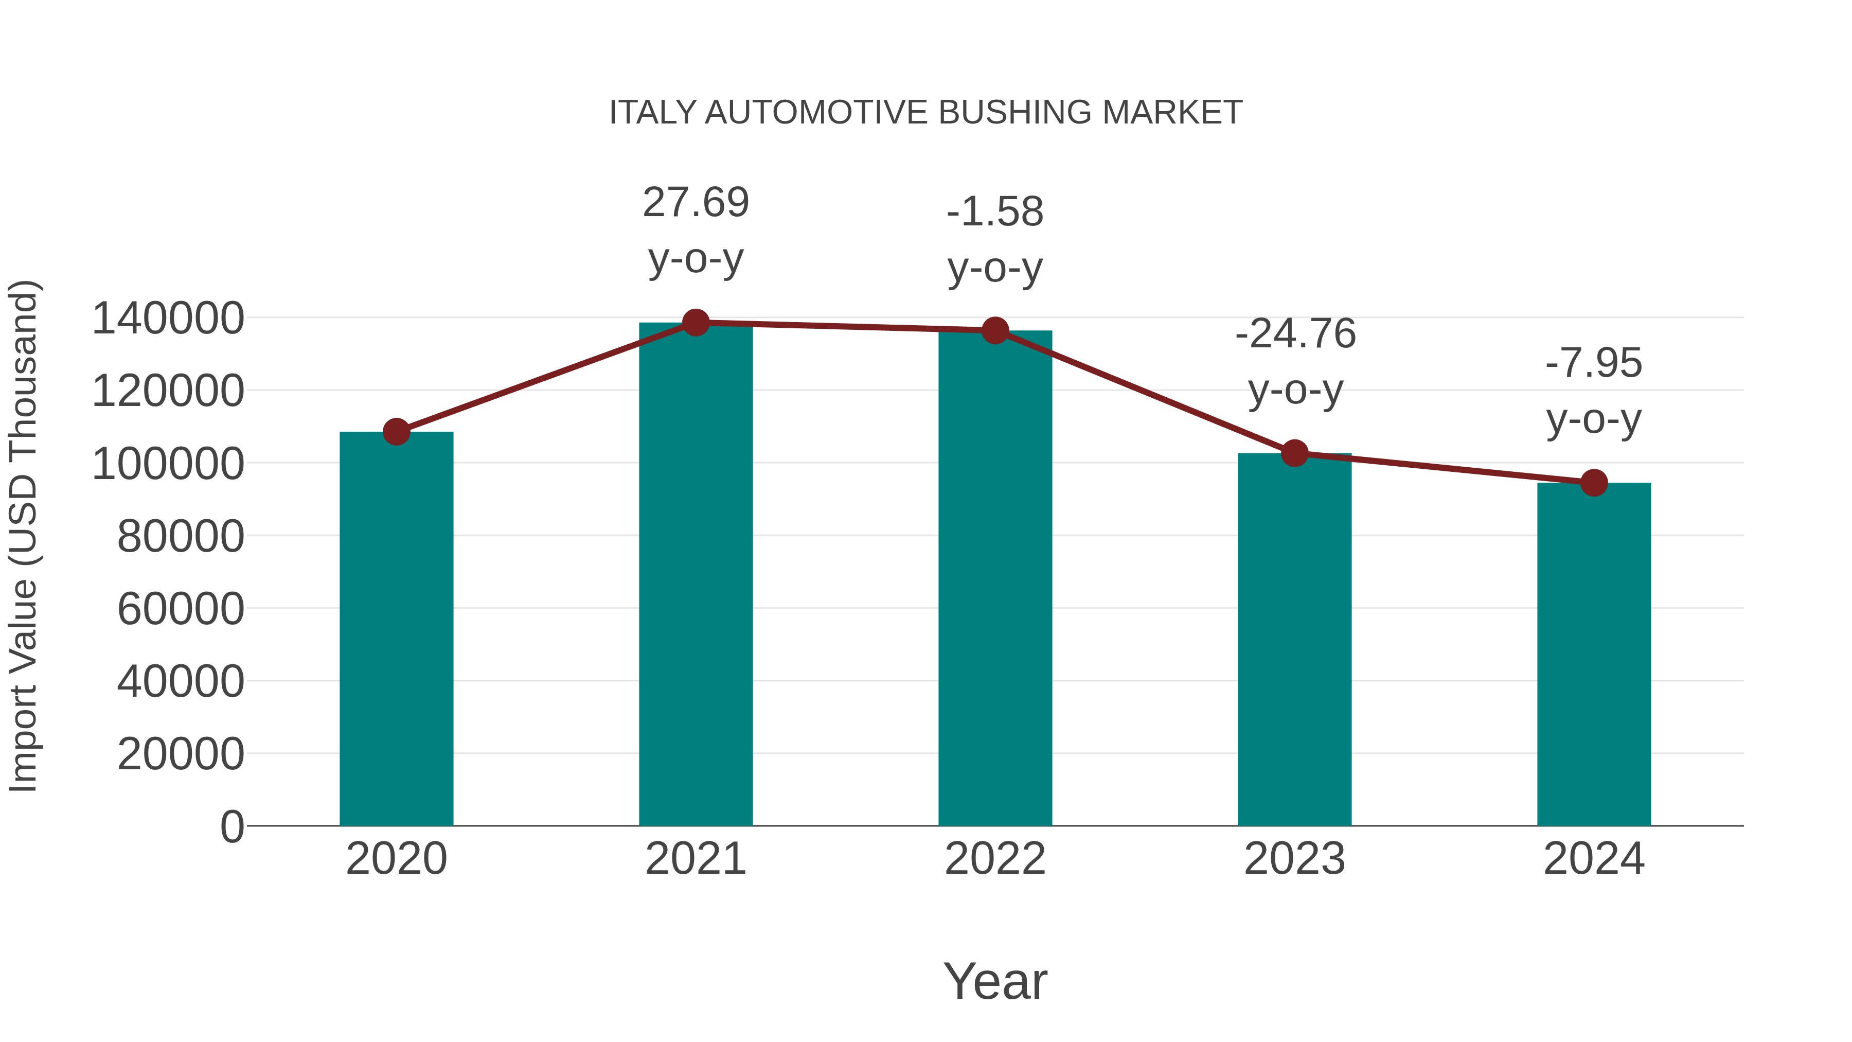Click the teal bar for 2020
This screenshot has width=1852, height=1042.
point(396,629)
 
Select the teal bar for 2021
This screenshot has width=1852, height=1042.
point(695,575)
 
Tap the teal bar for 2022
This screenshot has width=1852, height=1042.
point(995,579)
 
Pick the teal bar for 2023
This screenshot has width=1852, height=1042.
point(1294,640)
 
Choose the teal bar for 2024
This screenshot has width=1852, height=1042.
point(1594,655)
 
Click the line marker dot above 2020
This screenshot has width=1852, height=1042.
point(396,432)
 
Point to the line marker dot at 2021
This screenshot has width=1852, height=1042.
point(695,323)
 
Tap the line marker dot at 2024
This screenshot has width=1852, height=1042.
point(1594,483)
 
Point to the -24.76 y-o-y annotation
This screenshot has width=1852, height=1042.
point(1295,362)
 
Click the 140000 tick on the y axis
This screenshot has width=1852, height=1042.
point(168,319)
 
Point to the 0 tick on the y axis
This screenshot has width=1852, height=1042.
point(232,826)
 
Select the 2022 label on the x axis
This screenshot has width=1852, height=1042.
point(995,859)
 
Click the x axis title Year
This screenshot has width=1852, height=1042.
point(995,981)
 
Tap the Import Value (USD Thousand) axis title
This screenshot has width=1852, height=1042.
point(23,536)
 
